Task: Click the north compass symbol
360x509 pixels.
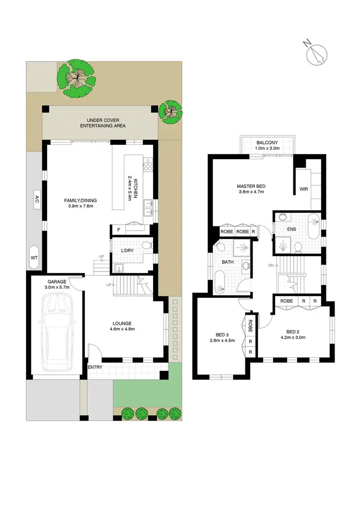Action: coord(316,53)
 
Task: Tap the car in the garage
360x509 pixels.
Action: coord(57,332)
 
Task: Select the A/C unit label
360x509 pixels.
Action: coord(36,200)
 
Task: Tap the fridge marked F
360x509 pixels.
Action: coord(119,230)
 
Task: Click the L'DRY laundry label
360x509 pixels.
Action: coord(127,251)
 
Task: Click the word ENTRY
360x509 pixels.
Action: coord(95,367)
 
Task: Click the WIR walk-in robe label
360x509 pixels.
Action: coord(303,189)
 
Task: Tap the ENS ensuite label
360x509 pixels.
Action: coord(292,229)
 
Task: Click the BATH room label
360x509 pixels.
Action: coord(228,262)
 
